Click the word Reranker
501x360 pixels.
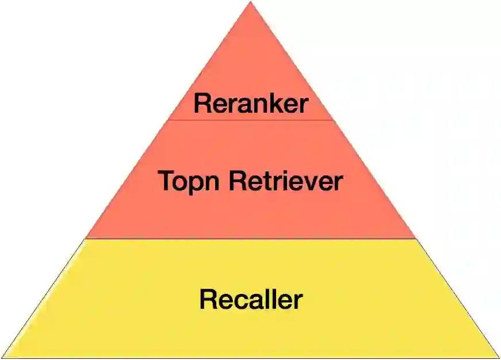point(251,104)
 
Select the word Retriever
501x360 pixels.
point(286,181)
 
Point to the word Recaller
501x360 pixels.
point(251,300)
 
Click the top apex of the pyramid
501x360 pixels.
point(251,2)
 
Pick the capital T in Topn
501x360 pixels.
point(166,181)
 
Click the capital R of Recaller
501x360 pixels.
point(208,300)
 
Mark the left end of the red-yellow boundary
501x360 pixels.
point(86,238)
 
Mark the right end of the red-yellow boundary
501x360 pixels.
point(415,238)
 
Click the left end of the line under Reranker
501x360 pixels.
point(168,120)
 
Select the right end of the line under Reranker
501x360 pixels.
point(333,120)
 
